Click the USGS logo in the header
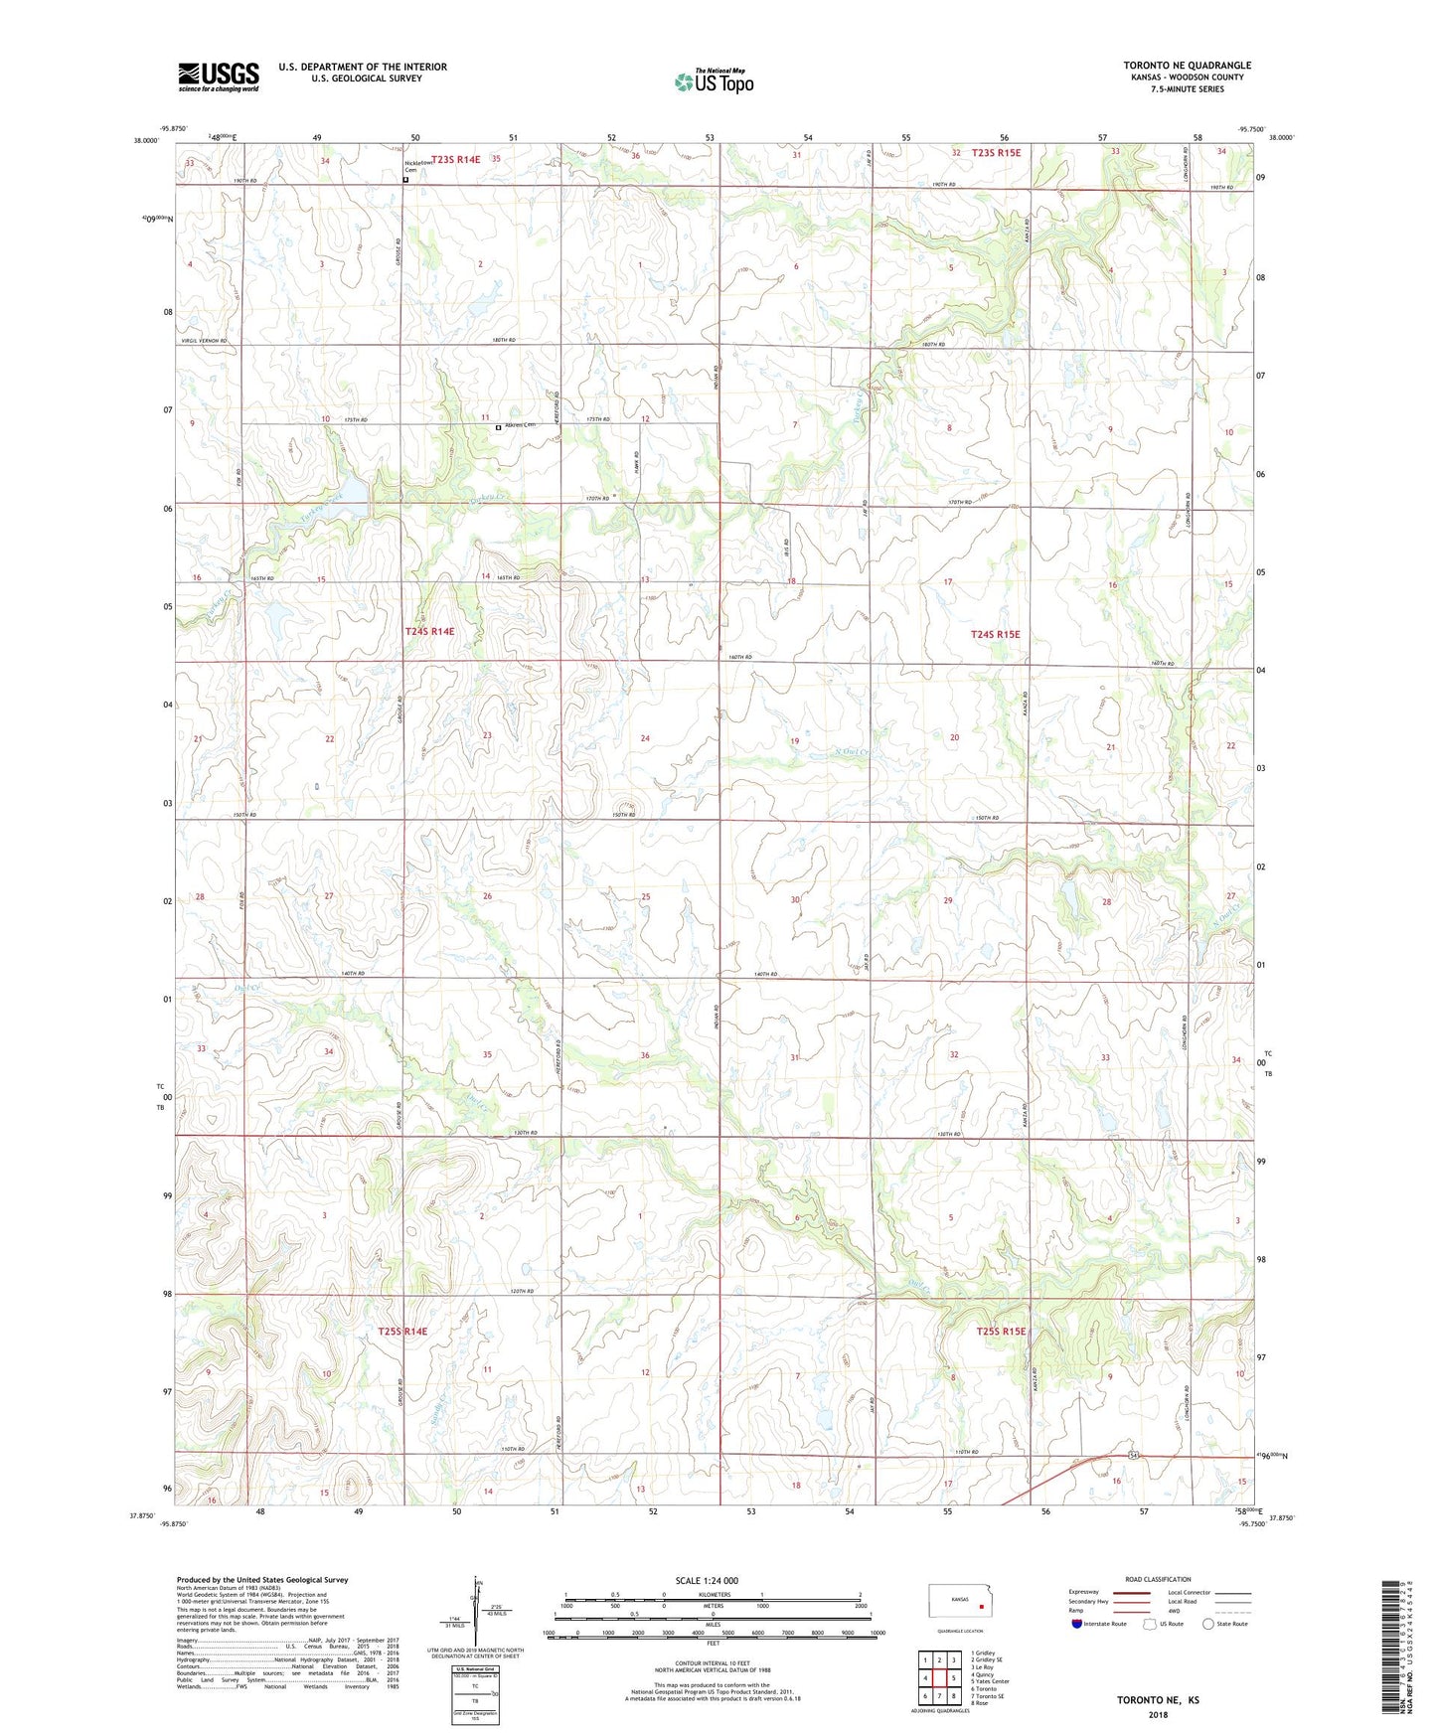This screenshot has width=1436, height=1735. point(218,77)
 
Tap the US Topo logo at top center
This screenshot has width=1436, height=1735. point(714,81)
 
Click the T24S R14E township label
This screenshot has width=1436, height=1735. point(429,631)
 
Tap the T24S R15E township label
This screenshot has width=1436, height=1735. point(995,634)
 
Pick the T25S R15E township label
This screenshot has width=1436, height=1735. point(1000,1332)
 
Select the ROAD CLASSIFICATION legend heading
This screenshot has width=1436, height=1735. point(1159,1579)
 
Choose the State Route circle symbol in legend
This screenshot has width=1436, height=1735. point(1208,1624)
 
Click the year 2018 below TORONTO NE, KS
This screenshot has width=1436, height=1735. point(1158,1714)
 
